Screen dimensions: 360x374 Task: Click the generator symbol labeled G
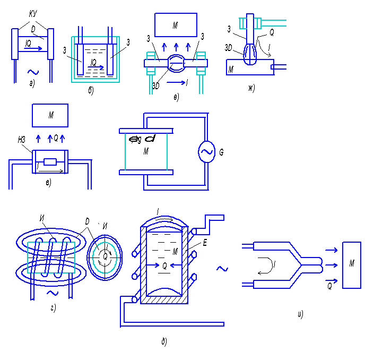[205, 152]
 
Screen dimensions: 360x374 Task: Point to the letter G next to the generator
[221, 153]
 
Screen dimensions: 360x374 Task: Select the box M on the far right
[352, 265]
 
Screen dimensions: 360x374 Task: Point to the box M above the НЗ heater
[50, 115]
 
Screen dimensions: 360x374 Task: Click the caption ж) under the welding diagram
[251, 88]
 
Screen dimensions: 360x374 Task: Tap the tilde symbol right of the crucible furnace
[222, 269]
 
